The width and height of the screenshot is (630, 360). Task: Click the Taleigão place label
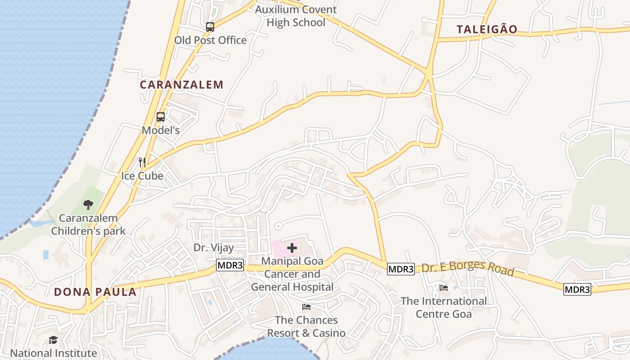(487, 30)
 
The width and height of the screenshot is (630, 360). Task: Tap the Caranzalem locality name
(181, 85)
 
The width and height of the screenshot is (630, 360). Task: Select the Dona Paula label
(95, 292)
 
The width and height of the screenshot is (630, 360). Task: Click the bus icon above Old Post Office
(210, 27)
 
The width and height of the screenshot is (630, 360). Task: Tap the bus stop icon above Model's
(161, 117)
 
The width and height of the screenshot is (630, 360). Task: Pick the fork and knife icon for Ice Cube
(142, 162)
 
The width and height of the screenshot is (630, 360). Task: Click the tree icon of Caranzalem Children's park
(88, 205)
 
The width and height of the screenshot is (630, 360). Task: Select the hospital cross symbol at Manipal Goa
(292, 247)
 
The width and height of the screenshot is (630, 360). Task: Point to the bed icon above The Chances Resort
(306, 307)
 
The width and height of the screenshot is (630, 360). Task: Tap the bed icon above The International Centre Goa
(444, 288)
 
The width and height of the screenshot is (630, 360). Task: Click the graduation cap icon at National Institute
(54, 340)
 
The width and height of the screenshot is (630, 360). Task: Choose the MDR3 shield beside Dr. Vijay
(230, 265)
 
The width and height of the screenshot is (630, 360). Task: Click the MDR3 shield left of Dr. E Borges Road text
(400, 269)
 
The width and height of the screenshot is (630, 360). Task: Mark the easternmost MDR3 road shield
(577, 289)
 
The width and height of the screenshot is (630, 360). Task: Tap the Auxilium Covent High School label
(296, 16)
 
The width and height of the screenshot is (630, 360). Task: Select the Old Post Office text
(211, 40)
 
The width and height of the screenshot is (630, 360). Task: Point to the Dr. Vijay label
(214, 247)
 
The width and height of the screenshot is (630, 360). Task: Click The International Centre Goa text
(444, 307)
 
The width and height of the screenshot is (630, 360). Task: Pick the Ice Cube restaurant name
(142, 176)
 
